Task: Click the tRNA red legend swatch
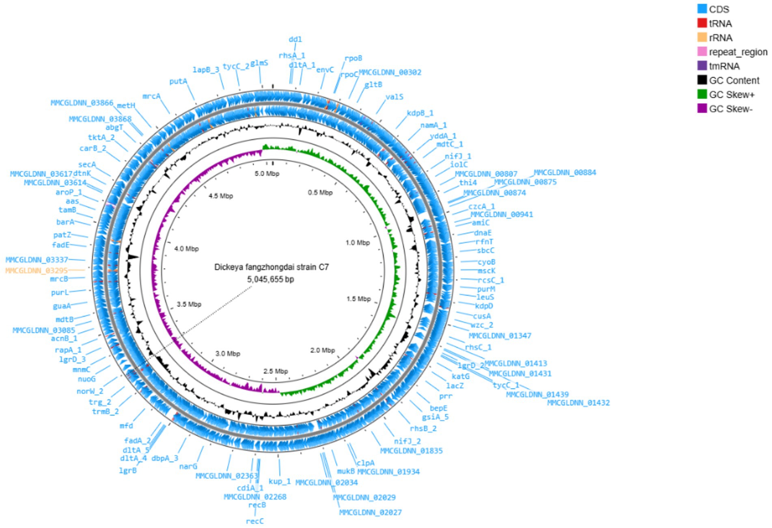[x=702, y=23]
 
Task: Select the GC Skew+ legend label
[x=732, y=95]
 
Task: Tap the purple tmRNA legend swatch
[x=702, y=66]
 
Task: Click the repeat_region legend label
[x=738, y=52]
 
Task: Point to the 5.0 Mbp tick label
[x=267, y=174]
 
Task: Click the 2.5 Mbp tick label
[x=276, y=371]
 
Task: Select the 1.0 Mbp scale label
[x=358, y=243]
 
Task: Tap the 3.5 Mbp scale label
[x=189, y=304]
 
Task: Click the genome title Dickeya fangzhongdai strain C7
[x=272, y=267]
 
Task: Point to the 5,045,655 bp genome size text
[x=270, y=279]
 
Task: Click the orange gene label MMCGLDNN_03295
[x=37, y=270]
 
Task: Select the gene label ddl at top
[x=295, y=39]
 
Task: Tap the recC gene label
[x=255, y=521]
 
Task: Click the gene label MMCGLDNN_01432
[x=578, y=403]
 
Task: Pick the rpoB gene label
[x=353, y=58]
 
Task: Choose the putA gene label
[x=178, y=82]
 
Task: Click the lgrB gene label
[x=127, y=471]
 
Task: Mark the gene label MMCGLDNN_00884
[x=565, y=173]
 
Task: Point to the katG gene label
[x=460, y=377]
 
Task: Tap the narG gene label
[x=188, y=467]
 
